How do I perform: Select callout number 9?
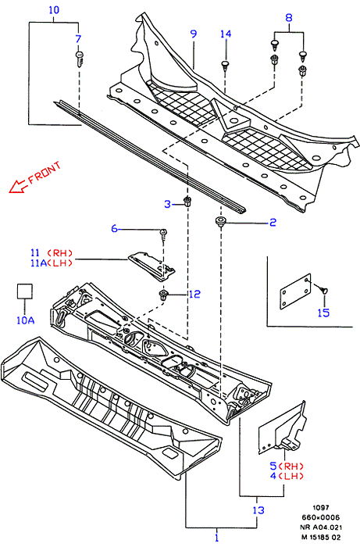click(194, 34)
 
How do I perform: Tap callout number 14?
click(226, 34)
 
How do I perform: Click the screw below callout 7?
click(80, 59)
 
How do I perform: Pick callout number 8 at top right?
click(289, 18)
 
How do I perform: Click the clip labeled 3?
click(188, 202)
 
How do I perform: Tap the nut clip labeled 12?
click(163, 295)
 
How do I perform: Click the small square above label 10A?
click(25, 291)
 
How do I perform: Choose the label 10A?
click(26, 320)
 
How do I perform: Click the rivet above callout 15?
click(323, 290)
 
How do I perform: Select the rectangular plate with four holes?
click(295, 291)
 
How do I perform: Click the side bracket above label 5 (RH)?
click(282, 429)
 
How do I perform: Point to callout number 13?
click(258, 510)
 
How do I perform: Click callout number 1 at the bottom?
click(217, 537)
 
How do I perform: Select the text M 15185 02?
click(321, 538)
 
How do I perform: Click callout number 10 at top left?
click(54, 9)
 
